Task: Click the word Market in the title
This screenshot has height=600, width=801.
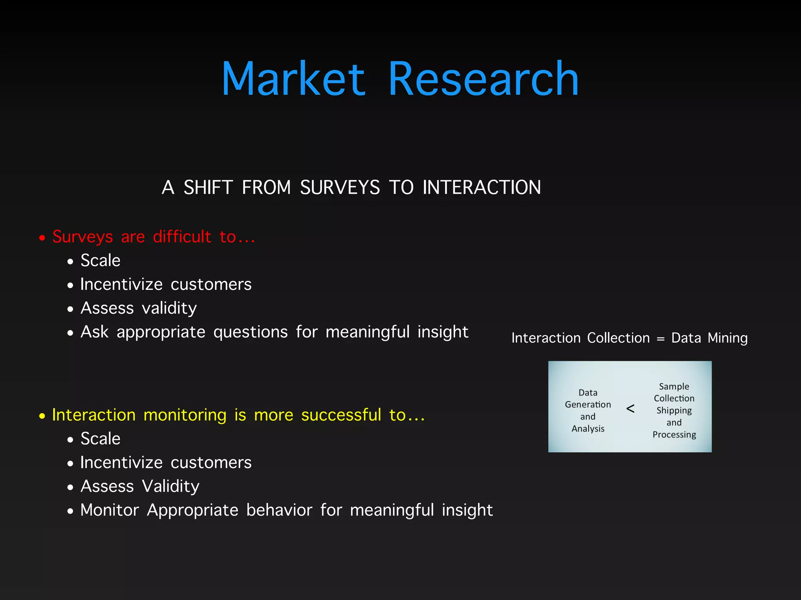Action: (293, 79)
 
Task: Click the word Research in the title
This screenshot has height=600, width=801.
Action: (483, 79)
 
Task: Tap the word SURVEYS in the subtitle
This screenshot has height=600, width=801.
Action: (340, 187)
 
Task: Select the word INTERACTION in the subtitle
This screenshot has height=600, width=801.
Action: (482, 187)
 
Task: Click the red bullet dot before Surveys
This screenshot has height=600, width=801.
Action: (42, 237)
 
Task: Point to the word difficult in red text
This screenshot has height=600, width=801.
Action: (182, 237)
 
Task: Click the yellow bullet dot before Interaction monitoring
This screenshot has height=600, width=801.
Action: (42, 416)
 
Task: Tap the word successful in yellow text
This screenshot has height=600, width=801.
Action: (341, 415)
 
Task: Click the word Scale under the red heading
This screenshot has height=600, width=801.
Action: (101, 261)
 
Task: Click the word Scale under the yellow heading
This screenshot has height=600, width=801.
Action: (101, 439)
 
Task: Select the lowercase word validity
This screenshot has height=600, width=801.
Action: (169, 309)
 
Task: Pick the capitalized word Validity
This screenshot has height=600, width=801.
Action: (171, 487)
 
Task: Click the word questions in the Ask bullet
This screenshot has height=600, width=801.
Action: (250, 332)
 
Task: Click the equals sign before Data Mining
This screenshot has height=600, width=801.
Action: (661, 339)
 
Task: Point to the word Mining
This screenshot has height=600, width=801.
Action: (727, 338)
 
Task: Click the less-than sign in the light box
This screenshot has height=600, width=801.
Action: (630, 409)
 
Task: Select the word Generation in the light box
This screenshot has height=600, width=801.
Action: (588, 405)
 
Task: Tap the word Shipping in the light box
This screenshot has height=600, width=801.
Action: (674, 411)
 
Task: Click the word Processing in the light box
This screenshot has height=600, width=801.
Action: (674, 435)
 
